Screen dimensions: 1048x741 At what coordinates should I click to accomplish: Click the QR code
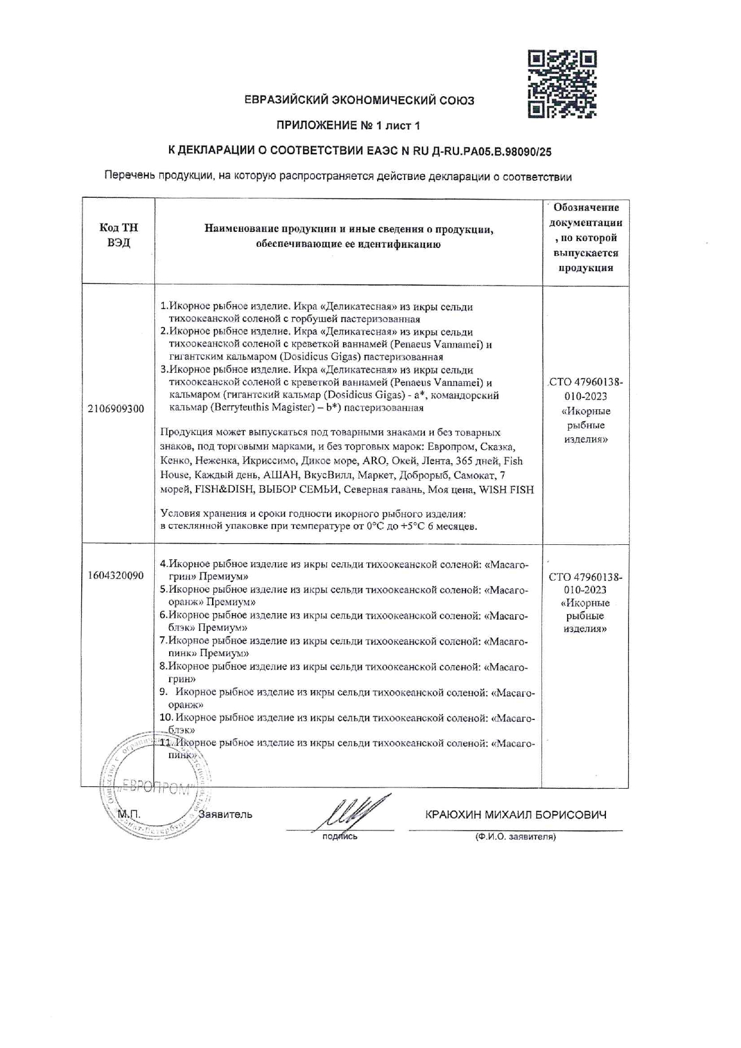562,84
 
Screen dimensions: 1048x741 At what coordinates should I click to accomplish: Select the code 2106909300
116,409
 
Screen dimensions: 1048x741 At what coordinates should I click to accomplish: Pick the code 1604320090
115,575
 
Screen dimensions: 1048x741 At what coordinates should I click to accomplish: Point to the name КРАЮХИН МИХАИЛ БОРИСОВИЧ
516,815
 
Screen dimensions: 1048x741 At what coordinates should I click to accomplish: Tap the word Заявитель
225,814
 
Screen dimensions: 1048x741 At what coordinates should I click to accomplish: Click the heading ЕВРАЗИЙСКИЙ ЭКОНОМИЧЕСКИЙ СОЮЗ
359,100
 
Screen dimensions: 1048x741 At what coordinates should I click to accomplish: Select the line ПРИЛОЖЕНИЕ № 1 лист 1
348,126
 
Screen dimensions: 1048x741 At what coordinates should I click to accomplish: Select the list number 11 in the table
166,743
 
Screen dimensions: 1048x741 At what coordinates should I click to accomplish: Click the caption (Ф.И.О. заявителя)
515,837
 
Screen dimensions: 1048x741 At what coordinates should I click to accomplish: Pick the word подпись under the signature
339,836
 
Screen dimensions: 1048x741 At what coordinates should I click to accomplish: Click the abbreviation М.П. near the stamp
128,814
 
